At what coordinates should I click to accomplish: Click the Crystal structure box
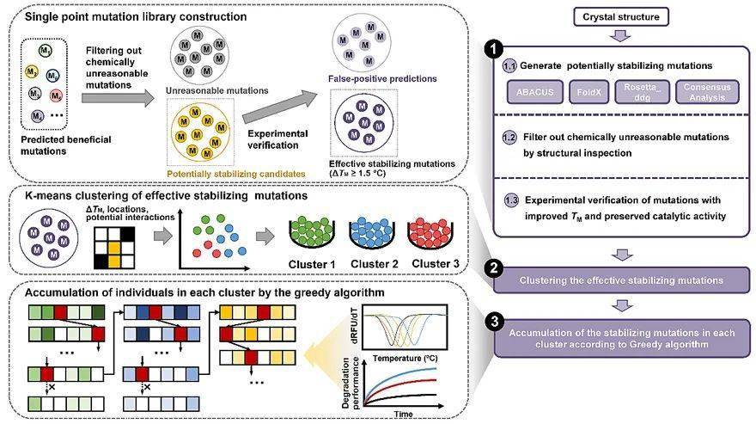[x=621, y=17]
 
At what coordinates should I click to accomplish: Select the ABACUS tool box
[x=534, y=92]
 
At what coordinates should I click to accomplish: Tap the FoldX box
[x=588, y=92]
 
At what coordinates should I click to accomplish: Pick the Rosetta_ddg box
[x=643, y=92]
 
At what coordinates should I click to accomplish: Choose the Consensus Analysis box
[x=707, y=92]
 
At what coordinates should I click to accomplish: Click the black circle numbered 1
[x=494, y=49]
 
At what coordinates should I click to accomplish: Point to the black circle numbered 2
[x=494, y=268]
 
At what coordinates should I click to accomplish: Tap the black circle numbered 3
[x=494, y=321]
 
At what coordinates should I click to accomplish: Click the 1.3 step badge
[x=511, y=200]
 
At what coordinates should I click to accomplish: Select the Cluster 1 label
[x=312, y=265]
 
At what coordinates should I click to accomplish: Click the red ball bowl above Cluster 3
[x=430, y=232]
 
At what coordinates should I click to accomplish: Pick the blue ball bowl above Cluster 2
[x=372, y=232]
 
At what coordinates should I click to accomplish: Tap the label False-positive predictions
[x=382, y=79]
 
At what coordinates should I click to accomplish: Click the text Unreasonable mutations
[x=217, y=90]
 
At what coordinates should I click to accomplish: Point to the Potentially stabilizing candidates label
[x=235, y=174]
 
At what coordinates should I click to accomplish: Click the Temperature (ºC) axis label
[x=405, y=359]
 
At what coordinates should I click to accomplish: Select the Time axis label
[x=403, y=415]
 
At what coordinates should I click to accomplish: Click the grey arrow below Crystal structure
[x=620, y=36]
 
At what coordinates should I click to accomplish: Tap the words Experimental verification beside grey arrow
[x=277, y=139]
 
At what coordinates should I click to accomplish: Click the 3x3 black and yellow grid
[x=114, y=248]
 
